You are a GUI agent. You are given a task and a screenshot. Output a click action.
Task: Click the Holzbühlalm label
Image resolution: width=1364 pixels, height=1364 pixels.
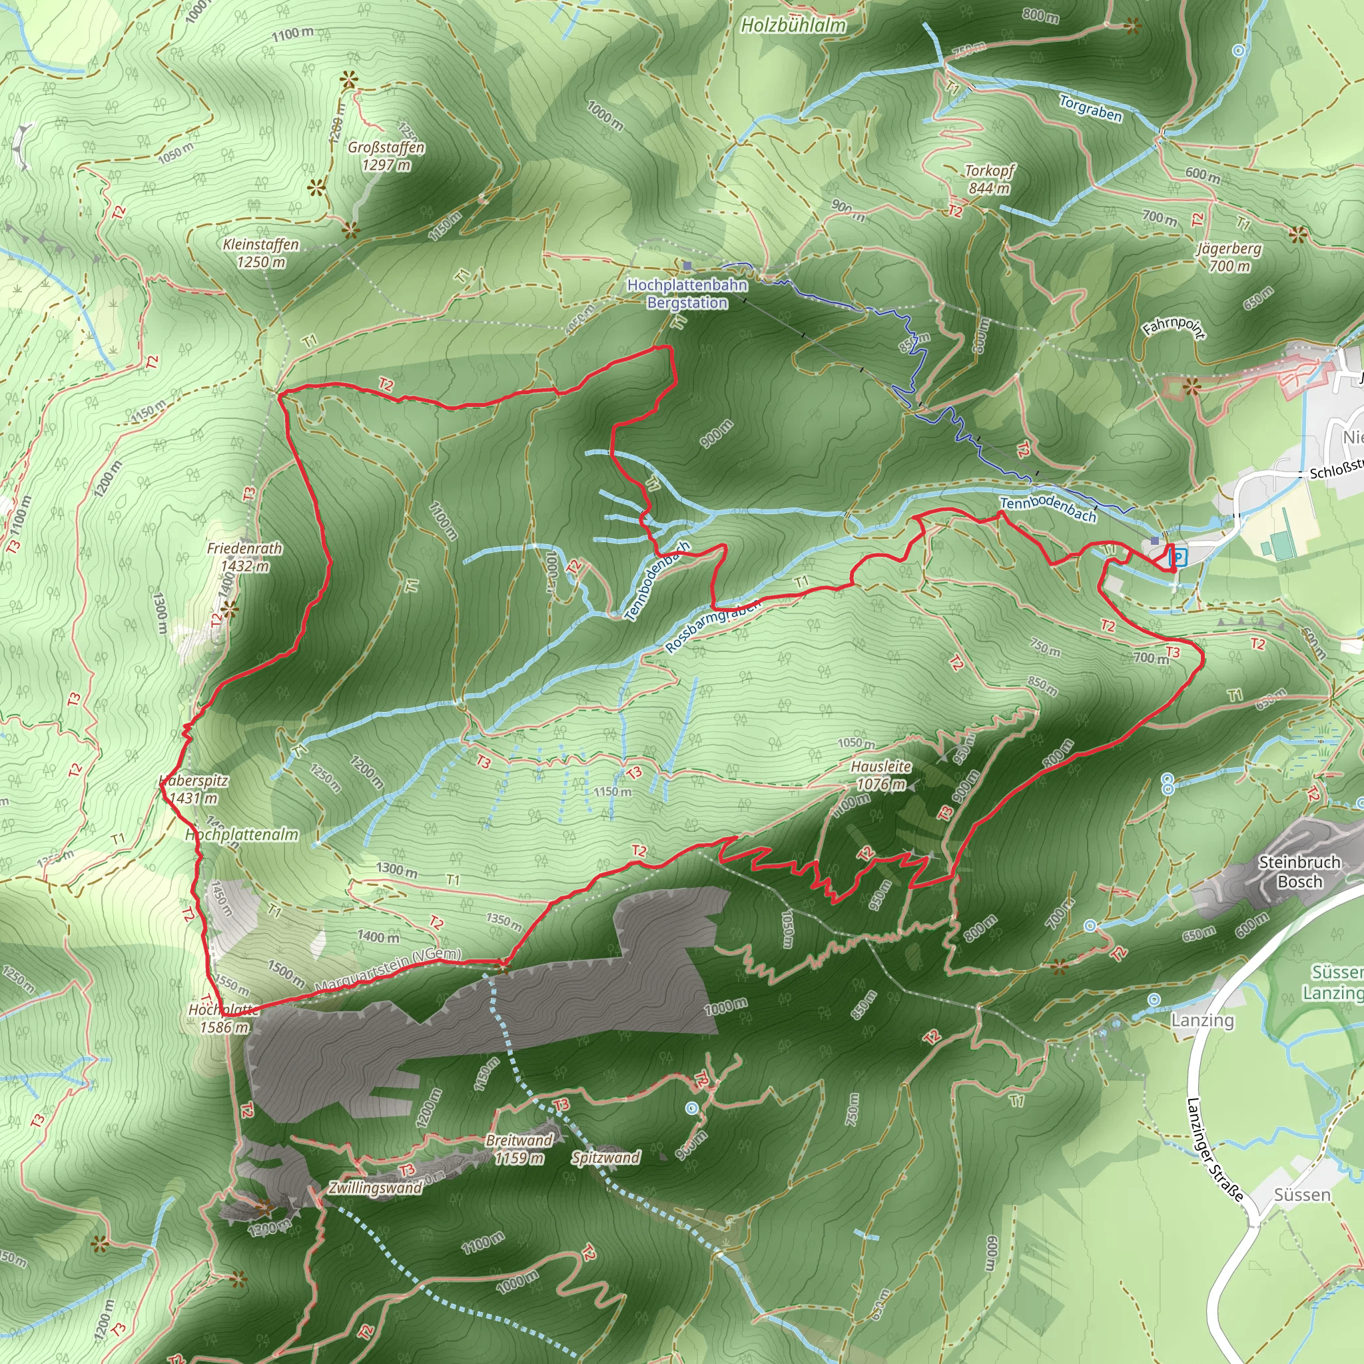pos(793,26)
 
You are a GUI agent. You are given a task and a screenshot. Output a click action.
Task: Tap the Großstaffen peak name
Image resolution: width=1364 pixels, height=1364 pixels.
pos(386,149)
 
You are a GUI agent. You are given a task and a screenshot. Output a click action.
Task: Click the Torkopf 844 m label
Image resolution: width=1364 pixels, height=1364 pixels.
pos(989,179)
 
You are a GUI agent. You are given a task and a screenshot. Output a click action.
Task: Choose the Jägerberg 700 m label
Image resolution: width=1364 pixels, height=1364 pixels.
pos(1229,257)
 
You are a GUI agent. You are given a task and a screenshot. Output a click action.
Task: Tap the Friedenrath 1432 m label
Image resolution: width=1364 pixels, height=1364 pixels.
pos(244,557)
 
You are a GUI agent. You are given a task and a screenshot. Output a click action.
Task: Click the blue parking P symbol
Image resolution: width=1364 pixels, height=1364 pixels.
pos(1178,557)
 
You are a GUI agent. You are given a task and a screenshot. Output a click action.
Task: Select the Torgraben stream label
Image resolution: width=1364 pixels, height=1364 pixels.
pos(1090,109)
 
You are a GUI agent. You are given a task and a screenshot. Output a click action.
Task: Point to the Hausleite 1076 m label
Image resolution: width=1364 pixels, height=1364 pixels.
pos(880,775)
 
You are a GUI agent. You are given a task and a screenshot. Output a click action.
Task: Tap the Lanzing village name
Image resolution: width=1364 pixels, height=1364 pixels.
pos(1203,1020)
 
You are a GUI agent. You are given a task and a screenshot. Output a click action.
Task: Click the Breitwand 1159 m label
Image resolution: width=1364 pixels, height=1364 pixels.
pos(519,1149)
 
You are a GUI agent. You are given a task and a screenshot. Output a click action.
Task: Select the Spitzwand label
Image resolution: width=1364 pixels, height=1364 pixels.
pos(606,1157)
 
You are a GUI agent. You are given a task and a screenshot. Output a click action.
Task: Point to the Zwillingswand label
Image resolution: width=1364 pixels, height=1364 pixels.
pos(376,1188)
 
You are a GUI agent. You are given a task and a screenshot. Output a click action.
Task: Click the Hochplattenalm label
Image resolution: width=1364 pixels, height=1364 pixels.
pos(242,835)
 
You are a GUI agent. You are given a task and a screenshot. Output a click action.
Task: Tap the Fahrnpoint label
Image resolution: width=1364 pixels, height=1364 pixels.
pos(1174,328)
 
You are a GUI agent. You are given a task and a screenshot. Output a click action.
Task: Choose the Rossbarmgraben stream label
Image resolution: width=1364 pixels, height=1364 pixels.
pos(713,625)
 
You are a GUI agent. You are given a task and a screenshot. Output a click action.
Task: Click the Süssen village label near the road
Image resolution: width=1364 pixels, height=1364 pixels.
pos(1302,1195)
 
